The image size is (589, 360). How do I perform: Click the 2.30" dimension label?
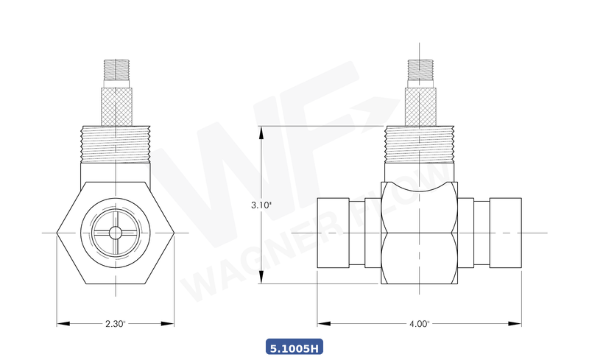point(116,323)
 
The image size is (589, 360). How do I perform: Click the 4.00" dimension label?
point(419,323)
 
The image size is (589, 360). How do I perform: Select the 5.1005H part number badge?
point(294,347)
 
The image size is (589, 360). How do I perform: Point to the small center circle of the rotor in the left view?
point(116,233)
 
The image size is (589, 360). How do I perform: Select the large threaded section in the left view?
point(116,144)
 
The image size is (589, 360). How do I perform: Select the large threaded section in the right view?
point(419,144)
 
